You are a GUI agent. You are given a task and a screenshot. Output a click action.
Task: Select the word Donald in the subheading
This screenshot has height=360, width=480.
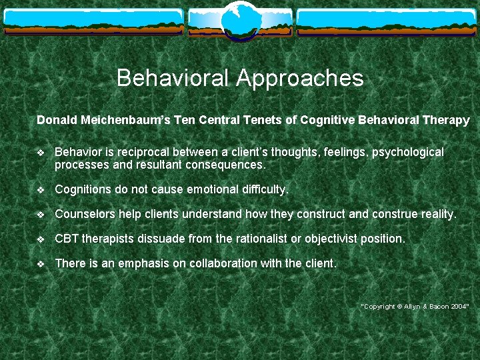[x=57, y=121]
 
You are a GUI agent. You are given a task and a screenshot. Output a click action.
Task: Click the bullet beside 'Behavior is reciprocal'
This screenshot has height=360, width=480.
[x=41, y=153]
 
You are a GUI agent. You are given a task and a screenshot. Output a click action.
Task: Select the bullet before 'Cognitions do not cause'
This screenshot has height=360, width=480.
[x=41, y=190]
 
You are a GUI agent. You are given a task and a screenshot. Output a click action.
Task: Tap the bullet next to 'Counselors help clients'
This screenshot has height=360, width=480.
[x=41, y=215]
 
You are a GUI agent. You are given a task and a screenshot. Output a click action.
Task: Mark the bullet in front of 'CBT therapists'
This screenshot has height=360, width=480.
[x=41, y=239]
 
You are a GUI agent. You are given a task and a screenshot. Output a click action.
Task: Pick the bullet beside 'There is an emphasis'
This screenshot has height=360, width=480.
[x=41, y=264]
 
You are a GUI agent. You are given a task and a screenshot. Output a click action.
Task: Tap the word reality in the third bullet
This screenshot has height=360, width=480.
[x=437, y=215]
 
